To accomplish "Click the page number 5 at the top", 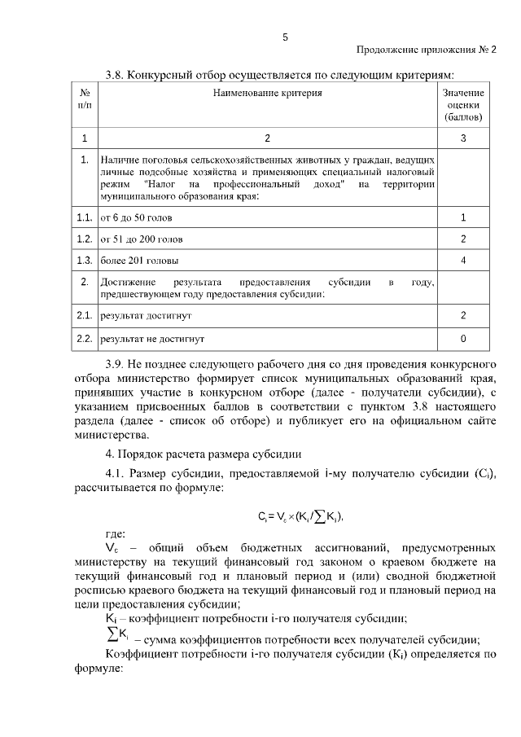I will coord(285,37).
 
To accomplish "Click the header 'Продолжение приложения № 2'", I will coord(427,50).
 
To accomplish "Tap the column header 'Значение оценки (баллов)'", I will coord(463,105).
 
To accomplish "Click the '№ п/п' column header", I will coord(85,99).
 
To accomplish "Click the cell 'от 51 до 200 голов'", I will coord(141,239).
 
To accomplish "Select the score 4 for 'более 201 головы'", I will coord(463,261).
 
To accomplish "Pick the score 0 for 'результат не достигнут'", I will coord(463,337).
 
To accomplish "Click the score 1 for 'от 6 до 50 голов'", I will coord(463,217).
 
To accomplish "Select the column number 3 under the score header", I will coord(463,138).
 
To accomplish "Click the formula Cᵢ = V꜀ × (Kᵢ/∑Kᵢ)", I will coord(299,515).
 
